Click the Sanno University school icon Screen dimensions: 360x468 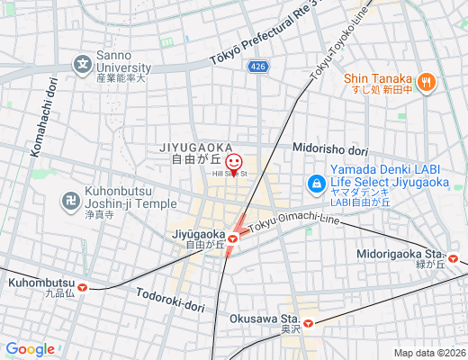click(x=83, y=64)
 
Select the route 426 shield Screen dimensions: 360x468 click(x=258, y=67)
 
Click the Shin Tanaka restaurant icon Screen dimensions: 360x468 click(x=427, y=82)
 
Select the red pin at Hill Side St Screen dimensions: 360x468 click(x=234, y=164)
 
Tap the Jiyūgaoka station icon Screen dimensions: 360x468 click(x=232, y=238)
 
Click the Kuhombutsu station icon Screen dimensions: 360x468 click(x=83, y=287)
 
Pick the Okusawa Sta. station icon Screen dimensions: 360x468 click(x=308, y=322)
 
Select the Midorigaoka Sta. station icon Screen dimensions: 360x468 click(x=454, y=260)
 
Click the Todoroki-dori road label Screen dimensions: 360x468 click(x=171, y=300)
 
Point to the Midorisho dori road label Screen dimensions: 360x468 click(x=330, y=149)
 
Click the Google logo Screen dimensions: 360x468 click(x=30, y=349)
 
